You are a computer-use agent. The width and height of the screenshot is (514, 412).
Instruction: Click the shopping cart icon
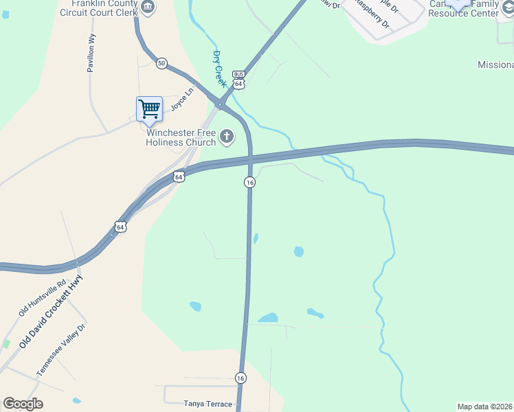149,108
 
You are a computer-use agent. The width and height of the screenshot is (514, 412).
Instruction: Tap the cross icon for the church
227,137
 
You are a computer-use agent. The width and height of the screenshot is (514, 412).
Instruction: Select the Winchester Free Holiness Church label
181,137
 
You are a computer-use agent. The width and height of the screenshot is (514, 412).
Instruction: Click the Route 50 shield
161,63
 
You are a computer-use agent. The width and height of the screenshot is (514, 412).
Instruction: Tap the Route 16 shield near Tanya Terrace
241,378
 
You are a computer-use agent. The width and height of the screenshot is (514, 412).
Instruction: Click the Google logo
23,404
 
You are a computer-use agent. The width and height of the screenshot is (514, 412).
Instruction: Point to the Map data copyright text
484,407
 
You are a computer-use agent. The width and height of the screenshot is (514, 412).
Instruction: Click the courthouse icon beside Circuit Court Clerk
148,7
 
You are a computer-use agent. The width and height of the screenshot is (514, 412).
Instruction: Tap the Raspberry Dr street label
372,13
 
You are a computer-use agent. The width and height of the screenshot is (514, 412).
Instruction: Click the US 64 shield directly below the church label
179,176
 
